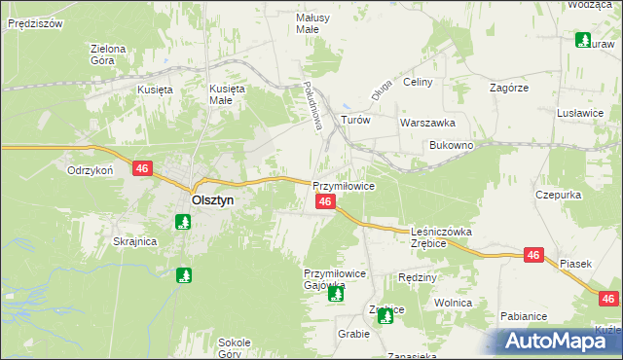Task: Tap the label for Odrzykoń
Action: (x=92, y=169)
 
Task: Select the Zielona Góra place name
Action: (x=108, y=54)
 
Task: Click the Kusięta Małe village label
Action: (x=229, y=93)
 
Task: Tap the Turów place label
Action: (x=355, y=120)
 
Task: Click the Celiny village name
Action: (x=417, y=83)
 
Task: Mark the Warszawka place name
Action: (x=427, y=124)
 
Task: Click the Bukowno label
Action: (x=451, y=145)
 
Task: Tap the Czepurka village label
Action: (x=558, y=195)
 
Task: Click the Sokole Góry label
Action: (x=235, y=348)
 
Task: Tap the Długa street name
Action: (x=380, y=90)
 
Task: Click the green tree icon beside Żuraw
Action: (x=583, y=41)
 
